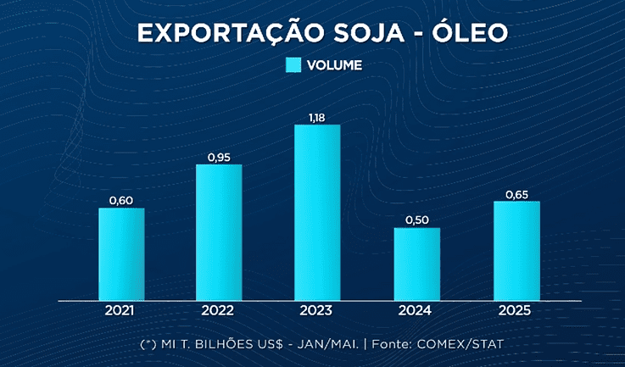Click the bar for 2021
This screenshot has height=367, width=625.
click(121, 254)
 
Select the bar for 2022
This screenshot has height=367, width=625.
click(219, 232)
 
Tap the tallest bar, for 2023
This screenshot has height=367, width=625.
click(317, 213)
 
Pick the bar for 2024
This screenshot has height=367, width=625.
click(417, 264)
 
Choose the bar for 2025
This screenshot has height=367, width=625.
click(516, 251)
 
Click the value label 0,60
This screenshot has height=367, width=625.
click(121, 200)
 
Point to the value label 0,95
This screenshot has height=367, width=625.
click(219, 157)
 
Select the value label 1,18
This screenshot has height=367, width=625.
click(317, 117)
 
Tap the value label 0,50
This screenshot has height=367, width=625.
click(417, 220)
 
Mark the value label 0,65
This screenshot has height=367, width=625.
click(516, 194)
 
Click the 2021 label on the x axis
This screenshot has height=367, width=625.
click(121, 310)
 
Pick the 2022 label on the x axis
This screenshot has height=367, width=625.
click(219, 310)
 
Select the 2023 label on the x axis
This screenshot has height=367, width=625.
click(317, 310)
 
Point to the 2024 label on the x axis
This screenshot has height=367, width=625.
click(416, 310)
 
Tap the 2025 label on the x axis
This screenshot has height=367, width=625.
click(516, 310)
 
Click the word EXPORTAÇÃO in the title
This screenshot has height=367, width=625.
click(217, 33)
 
